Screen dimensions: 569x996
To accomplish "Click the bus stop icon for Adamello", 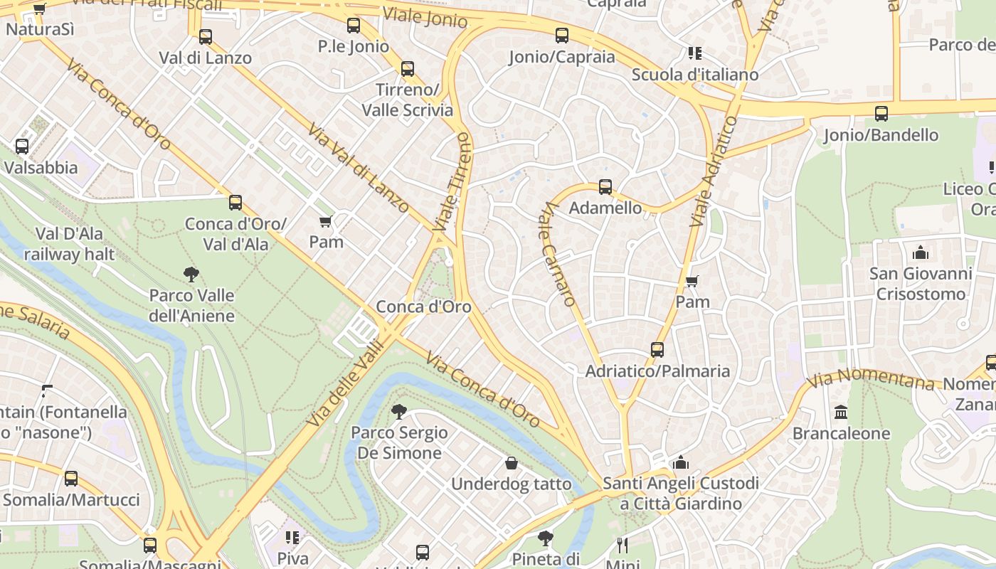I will (605, 187).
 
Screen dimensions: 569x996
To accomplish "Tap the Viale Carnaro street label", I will (558, 254).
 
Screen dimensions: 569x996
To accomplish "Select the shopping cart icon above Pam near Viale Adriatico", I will (692, 281).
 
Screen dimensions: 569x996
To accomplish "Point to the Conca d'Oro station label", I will (423, 307).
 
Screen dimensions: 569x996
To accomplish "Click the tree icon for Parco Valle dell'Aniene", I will (191, 274).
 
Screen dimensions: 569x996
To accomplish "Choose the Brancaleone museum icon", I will (841, 413).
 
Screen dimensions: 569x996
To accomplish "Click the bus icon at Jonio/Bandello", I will (881, 114).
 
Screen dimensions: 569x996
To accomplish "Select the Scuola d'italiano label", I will (694, 75).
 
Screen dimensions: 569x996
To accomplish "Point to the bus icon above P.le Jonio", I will (354, 26).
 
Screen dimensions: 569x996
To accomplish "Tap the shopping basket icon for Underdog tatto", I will (511, 464).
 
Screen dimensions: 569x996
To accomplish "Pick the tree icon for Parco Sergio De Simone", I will (399, 411).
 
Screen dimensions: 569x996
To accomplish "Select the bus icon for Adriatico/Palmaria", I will (657, 350).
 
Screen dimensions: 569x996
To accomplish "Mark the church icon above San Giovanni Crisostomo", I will (921, 252).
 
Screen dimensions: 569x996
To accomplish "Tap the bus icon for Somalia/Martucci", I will (71, 479).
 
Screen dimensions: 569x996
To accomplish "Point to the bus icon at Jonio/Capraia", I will (562, 36).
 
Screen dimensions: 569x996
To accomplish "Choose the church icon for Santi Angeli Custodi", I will (681, 463).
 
